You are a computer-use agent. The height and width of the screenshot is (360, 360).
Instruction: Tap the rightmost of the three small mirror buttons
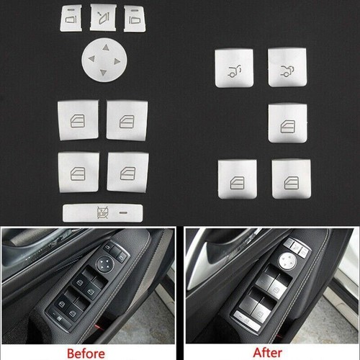coord(132,15)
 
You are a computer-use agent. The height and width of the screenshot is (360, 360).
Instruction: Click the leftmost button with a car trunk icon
coord(234,70)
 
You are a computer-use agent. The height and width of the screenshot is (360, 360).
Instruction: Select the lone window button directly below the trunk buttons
coord(285,122)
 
